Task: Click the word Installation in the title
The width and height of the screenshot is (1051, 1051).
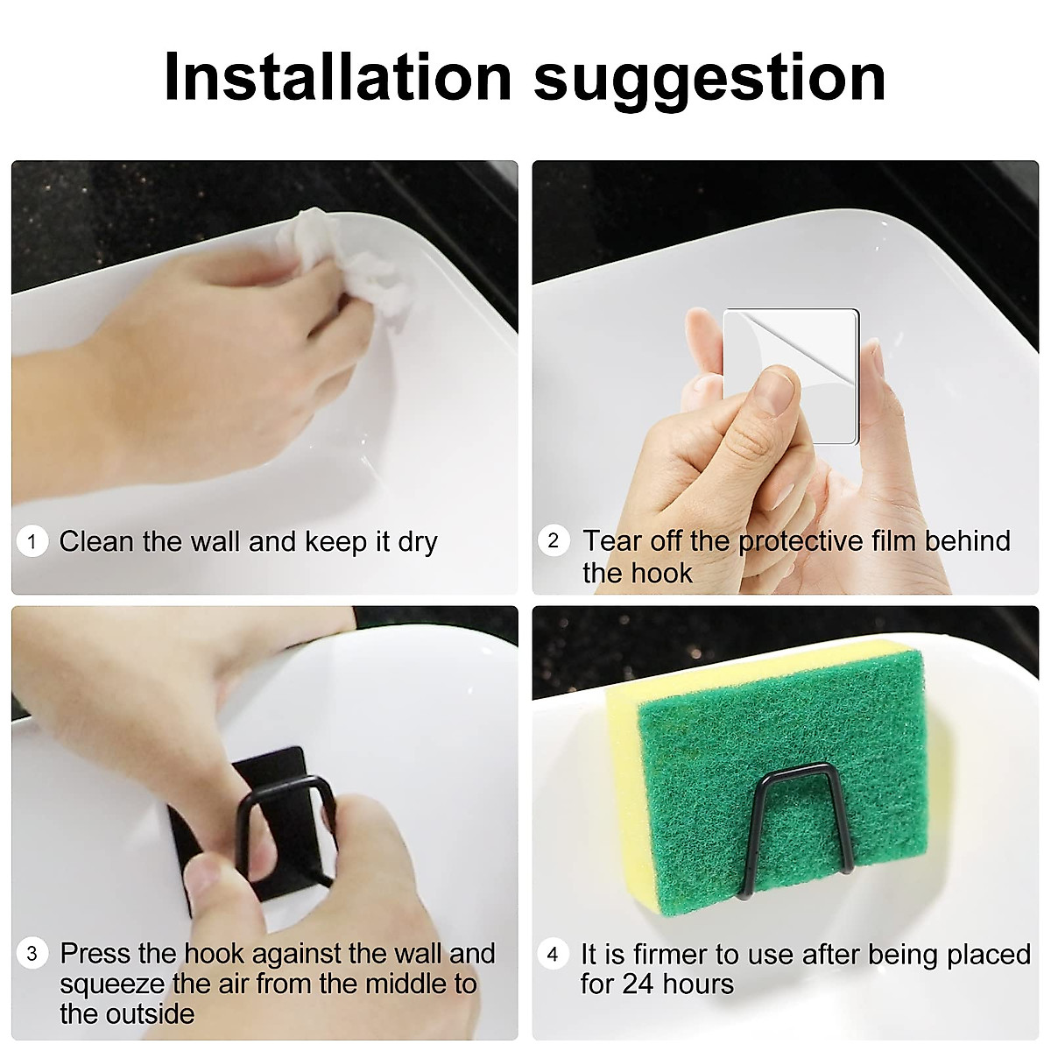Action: click(337, 77)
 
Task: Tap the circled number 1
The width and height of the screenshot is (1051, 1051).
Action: click(32, 542)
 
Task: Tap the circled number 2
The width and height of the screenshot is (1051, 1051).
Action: click(553, 540)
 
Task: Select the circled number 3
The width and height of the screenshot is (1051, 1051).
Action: click(32, 953)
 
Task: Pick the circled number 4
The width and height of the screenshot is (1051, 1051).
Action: click(553, 954)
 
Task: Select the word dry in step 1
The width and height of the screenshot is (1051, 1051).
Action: click(417, 543)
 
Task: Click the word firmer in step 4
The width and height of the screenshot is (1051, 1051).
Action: click(660, 954)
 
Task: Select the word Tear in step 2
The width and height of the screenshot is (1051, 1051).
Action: click(606, 541)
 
